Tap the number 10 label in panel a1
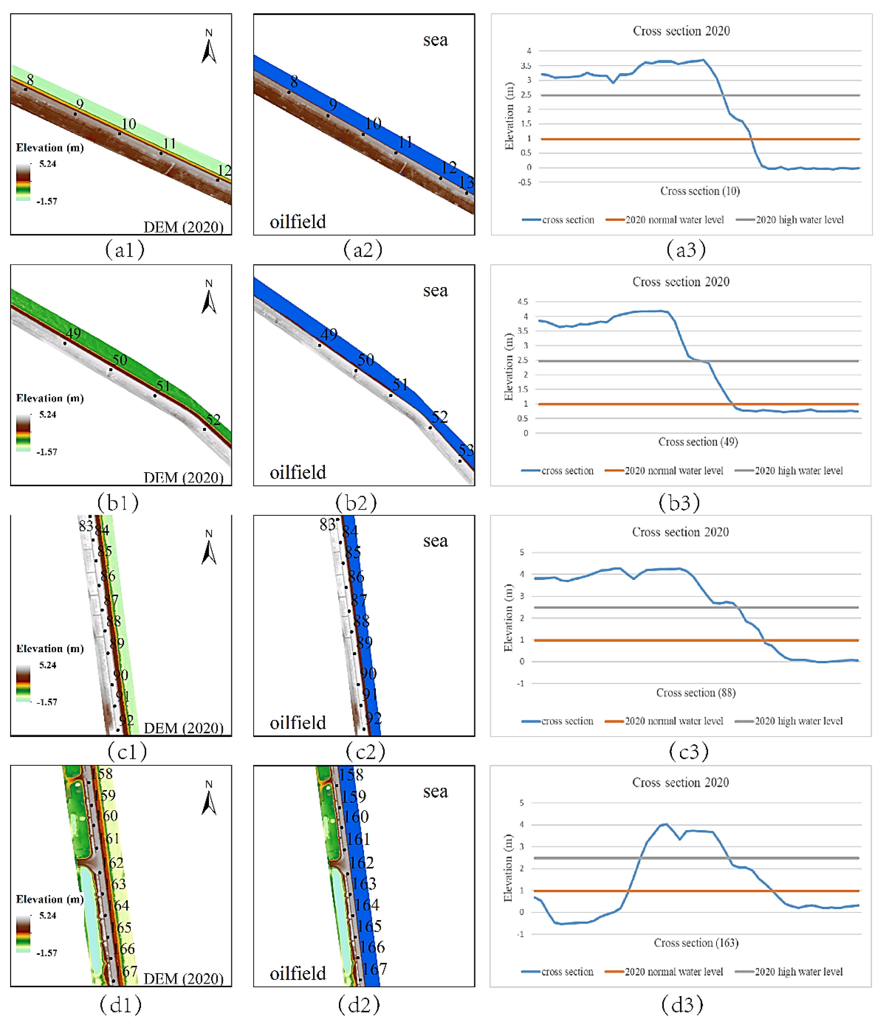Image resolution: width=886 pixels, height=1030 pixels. [x=129, y=124]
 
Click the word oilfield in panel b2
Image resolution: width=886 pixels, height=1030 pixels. [x=298, y=472]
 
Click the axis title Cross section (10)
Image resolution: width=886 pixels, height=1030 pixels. [x=700, y=191]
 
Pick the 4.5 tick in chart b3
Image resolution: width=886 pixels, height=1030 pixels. [x=523, y=302]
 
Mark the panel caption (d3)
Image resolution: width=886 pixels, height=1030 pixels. [x=682, y=1005]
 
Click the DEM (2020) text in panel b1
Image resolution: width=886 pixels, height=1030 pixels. [x=183, y=478]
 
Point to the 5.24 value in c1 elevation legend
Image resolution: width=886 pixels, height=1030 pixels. [x=48, y=665]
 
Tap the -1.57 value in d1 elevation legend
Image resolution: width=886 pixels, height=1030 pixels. [x=47, y=953]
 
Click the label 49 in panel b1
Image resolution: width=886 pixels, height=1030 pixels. [x=73, y=333]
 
